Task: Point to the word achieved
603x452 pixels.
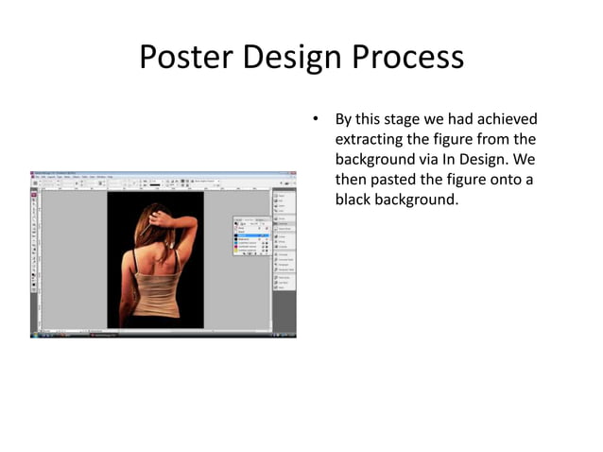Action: [504, 119]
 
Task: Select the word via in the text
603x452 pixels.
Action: [431, 160]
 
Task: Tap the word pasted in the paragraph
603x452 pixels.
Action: [393, 180]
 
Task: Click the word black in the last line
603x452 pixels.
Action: [355, 200]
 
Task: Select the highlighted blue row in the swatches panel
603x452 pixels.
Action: [251, 235]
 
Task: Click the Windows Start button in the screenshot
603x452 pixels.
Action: [34, 335]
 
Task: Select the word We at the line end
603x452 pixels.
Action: [526, 160]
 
